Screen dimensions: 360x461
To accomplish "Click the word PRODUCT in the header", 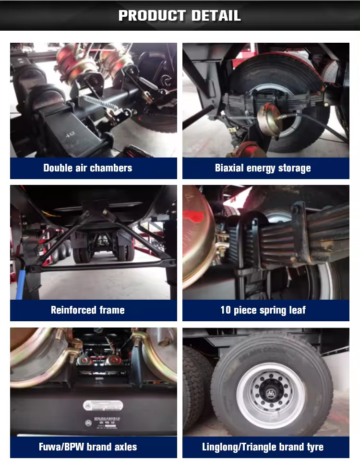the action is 152,15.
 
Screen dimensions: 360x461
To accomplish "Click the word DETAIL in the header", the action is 216,15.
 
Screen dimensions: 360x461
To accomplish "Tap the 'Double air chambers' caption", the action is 87,168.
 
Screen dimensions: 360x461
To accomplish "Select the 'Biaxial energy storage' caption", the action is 263,168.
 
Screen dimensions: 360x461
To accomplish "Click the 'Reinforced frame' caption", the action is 87,310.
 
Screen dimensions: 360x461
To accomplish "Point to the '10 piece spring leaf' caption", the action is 263,310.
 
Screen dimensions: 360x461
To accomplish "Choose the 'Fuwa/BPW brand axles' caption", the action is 88,447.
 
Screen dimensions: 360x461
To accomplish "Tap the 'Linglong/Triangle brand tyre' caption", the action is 263,447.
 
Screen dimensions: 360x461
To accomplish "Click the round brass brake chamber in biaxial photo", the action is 269,120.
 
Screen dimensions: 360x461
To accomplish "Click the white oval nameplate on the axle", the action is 103,405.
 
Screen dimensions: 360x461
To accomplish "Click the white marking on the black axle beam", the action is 70,135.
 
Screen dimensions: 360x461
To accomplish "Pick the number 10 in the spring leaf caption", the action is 226,310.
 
